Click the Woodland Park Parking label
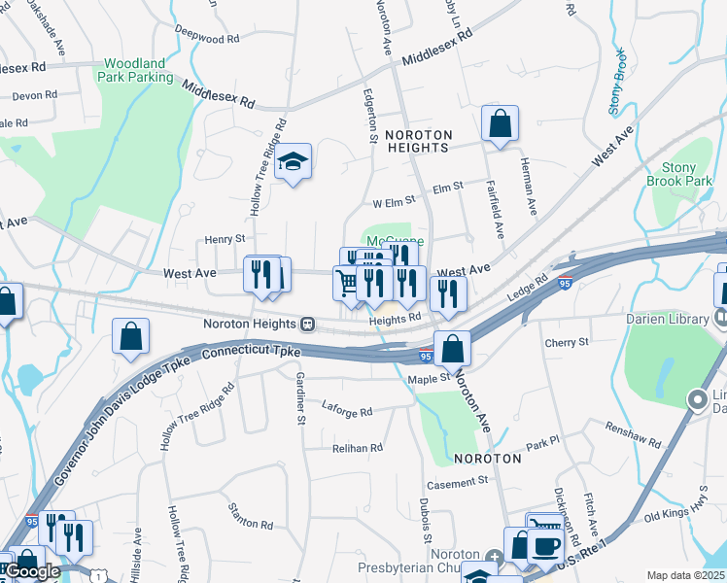pyautogui.click(x=138, y=70)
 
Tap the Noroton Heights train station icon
pyautogui.click(x=307, y=324)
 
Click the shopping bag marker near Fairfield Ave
pyautogui.click(x=500, y=123)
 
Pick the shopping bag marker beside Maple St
pyautogui.click(x=452, y=348)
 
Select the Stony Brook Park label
pyautogui.click(x=679, y=174)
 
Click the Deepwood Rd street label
pyautogui.click(x=207, y=40)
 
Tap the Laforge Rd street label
pyautogui.click(x=347, y=412)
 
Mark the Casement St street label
pyautogui.click(x=457, y=482)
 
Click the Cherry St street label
pyautogui.click(x=567, y=342)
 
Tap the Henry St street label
pyautogui.click(x=225, y=239)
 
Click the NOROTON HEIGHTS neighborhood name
pyautogui.click(x=417, y=141)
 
